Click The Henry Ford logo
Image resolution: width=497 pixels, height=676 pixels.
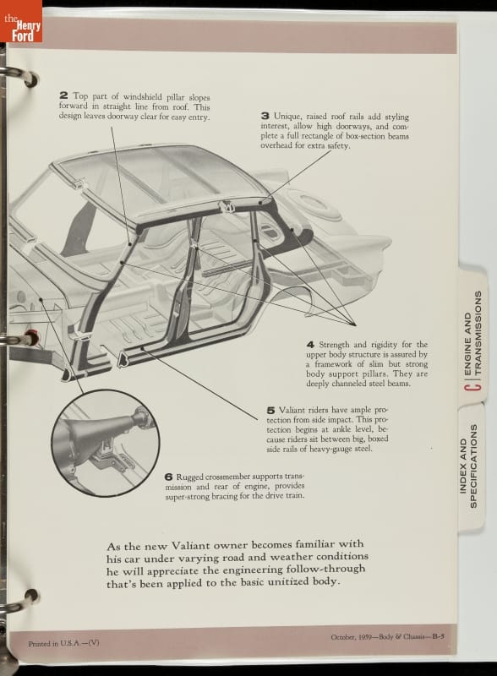tap(22, 21)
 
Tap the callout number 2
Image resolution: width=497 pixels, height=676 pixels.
tap(63, 95)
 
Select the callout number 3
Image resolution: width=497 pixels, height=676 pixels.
tap(265, 116)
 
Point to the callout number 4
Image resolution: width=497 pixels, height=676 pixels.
tap(311, 345)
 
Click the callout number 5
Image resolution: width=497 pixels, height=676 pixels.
tap(271, 410)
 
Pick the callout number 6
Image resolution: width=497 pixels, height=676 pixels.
tap(169, 477)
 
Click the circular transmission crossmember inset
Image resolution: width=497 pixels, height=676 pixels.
tap(106, 443)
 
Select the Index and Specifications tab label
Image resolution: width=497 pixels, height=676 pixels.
tap(468, 466)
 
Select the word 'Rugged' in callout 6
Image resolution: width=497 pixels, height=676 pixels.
tap(189, 477)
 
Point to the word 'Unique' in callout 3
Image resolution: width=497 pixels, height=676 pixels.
tap(287, 117)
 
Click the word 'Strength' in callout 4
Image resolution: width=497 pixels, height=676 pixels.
tap(335, 345)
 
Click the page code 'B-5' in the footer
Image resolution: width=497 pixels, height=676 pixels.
tap(439, 636)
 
